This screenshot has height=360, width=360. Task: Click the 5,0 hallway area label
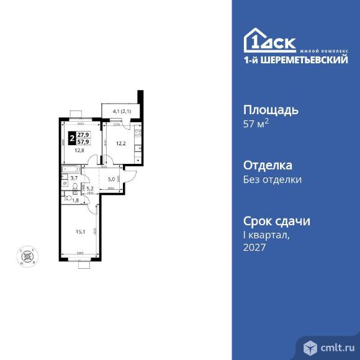110,180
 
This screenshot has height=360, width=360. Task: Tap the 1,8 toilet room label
76,200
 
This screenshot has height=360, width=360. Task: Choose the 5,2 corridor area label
89,189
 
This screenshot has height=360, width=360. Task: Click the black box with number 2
72,137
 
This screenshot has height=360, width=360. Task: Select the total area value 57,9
83,141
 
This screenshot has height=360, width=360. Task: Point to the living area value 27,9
83,133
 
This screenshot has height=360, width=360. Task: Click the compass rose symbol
27,254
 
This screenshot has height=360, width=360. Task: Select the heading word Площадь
270,110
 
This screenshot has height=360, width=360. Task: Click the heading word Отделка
267,166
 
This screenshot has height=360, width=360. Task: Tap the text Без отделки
272,180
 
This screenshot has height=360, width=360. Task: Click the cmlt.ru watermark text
335,346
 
